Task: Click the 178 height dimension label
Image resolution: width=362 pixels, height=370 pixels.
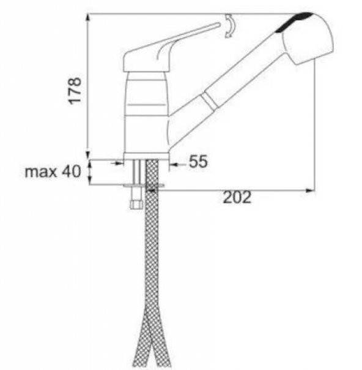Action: [x=75, y=91]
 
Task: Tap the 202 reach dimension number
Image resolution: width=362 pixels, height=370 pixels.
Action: [x=237, y=197]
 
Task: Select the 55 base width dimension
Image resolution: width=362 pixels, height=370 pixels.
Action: [x=198, y=161]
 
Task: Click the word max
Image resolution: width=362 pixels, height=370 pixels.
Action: [x=41, y=172]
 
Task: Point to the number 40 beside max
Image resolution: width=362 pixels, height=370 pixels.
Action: [x=72, y=171]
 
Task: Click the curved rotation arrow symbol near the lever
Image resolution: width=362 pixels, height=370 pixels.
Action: [x=230, y=26]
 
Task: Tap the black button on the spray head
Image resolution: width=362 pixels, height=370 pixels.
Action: [x=294, y=21]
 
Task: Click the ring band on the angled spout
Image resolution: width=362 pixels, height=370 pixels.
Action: [x=210, y=100]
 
